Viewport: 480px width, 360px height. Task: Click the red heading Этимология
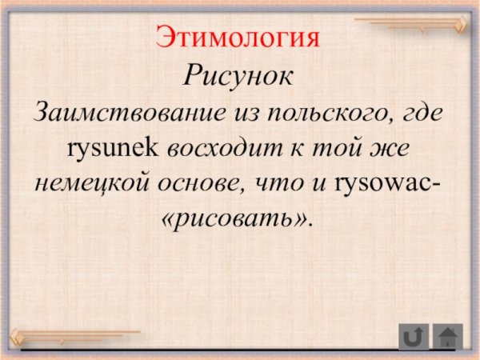coord(238,38)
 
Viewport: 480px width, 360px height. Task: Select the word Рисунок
coord(239,77)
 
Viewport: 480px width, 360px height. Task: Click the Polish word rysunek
coord(115,147)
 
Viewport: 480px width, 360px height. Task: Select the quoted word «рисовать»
coord(238,218)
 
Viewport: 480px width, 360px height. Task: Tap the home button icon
coord(448,336)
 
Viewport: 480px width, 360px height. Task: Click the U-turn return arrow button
coord(414,336)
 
